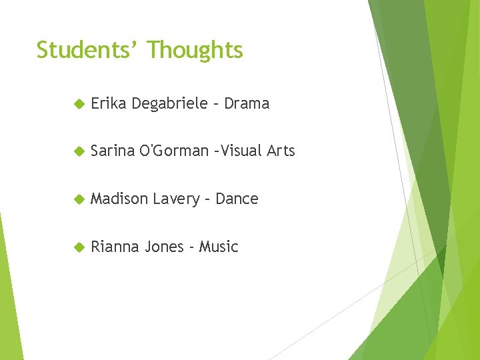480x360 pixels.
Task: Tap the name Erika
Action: pyautogui.click(x=109, y=103)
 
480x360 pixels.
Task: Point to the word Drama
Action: pyautogui.click(x=247, y=103)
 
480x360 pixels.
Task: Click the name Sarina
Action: pyautogui.click(x=113, y=151)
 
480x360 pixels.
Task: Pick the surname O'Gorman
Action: pyautogui.click(x=174, y=151)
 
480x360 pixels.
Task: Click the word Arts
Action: pyautogui.click(x=281, y=151)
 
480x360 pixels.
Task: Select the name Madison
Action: pyautogui.click(x=119, y=199)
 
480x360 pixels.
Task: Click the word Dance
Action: pyautogui.click(x=237, y=199)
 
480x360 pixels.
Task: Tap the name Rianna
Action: pyautogui.click(x=115, y=247)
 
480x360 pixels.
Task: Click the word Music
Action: pyautogui.click(x=219, y=247)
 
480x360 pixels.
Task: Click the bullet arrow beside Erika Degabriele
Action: pyautogui.click(x=78, y=104)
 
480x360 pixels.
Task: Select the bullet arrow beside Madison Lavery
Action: pyautogui.click(x=78, y=199)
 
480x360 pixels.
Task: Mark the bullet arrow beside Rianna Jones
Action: pyautogui.click(x=78, y=247)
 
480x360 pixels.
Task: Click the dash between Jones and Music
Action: pyautogui.click(x=191, y=248)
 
